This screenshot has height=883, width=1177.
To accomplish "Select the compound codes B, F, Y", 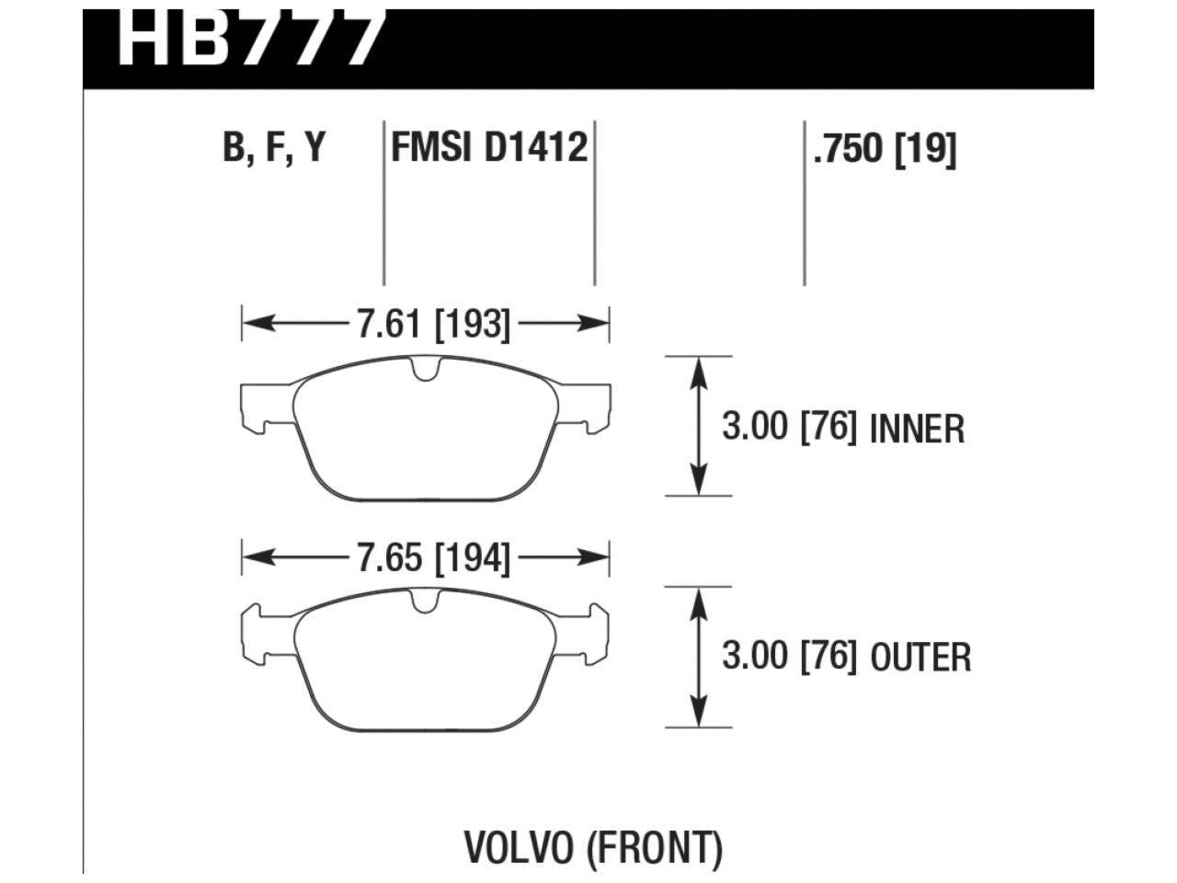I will pos(274,148).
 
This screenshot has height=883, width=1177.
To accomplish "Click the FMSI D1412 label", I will pos(489,147).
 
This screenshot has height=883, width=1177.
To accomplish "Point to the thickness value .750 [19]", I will pos(885,148).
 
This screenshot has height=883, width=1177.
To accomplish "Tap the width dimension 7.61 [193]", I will pos(432,324).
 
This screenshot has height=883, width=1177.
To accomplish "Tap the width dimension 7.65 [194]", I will pos(432,558).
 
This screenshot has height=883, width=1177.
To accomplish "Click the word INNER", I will pos(917,430).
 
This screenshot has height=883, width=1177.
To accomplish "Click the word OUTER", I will pos(920,659).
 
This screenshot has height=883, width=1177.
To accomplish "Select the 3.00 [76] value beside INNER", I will pos(789,429).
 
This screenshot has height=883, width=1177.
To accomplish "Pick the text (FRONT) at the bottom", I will pos(656,848).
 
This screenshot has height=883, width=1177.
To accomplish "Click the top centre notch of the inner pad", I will pos(424,369).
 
